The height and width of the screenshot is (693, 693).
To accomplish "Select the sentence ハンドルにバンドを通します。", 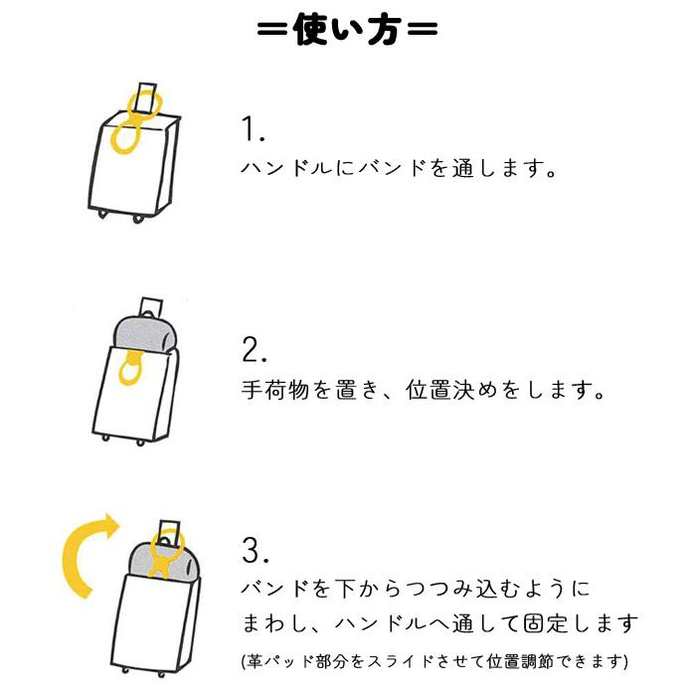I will pos(398,168).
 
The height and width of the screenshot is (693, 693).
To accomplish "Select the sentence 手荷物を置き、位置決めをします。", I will pos(424,390).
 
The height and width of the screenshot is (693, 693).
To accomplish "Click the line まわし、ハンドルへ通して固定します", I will pos(438,624).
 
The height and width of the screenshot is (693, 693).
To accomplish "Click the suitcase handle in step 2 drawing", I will pos(152,305).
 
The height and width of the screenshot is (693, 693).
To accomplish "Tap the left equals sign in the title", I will pos(272,32).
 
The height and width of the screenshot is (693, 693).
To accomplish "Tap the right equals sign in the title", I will pos(422,32).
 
